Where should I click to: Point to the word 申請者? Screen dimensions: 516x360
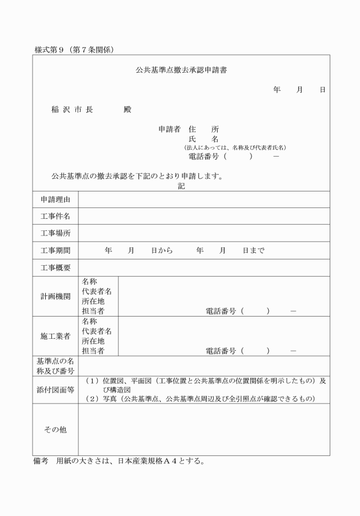(170, 130)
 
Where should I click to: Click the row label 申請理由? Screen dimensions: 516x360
(55, 199)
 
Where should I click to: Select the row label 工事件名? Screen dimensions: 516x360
(55, 217)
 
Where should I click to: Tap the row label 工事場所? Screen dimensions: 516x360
(55, 234)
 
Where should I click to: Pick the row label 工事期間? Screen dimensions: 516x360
(55, 250)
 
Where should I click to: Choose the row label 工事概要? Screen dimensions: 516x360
(55, 267)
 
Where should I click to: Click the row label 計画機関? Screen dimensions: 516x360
(55, 297)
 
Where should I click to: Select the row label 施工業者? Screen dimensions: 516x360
(55, 336)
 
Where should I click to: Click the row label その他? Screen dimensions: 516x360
(55, 430)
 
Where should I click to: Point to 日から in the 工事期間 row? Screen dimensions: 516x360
(162, 250)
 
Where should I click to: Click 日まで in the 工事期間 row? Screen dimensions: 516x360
(253, 250)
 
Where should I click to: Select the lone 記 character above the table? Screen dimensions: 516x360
(181, 186)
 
